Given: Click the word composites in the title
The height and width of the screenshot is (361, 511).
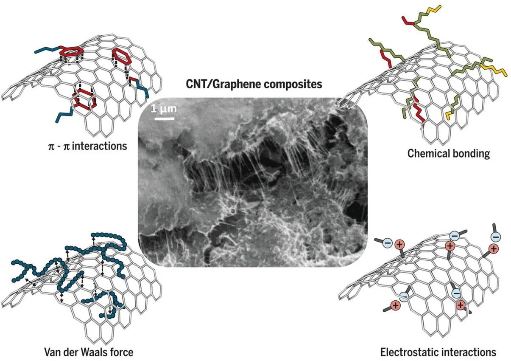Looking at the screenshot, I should tap(293, 84).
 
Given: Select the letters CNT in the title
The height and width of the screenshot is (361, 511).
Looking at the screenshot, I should tap(197, 84).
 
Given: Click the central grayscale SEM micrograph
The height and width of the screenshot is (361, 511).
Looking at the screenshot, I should tap(253, 183).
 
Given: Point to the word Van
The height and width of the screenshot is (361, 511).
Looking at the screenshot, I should tap(52, 352).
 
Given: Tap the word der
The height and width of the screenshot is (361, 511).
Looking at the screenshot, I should tap(71, 352).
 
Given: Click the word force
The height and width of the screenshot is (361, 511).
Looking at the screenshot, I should tap(123, 352).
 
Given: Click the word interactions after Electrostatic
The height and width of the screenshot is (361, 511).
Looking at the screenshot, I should tap(469, 352).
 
